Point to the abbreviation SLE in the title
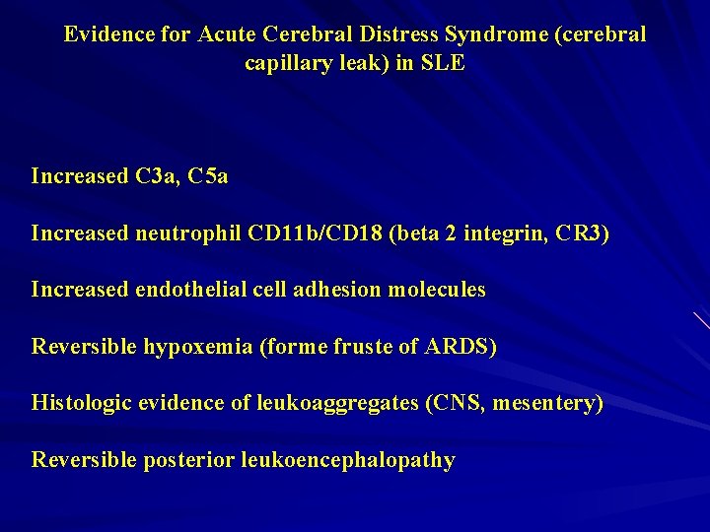point(444,64)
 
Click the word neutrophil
point(186,234)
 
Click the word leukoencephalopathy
point(347,461)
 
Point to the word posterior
point(188,461)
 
